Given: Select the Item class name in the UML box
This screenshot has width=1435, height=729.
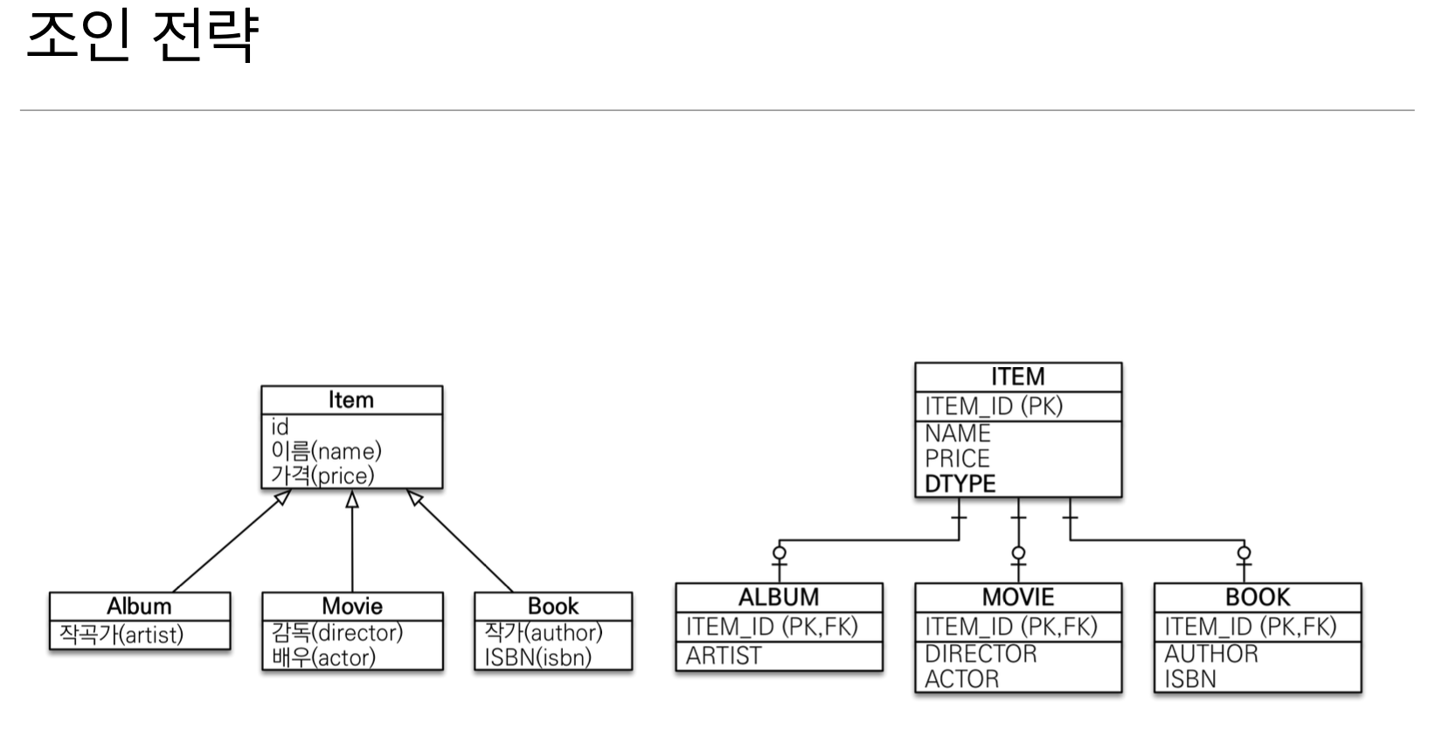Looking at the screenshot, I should click(351, 399).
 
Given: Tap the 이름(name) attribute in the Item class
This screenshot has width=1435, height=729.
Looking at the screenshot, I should click(326, 451).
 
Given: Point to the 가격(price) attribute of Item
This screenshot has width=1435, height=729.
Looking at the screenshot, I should click(322, 476).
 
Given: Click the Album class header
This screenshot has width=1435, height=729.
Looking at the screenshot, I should click(139, 606).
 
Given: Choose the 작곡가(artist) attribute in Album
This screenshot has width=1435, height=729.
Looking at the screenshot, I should click(121, 634).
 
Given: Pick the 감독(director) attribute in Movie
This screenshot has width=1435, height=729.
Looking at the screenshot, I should click(336, 632).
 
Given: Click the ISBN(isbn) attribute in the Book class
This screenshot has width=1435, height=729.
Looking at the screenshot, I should click(537, 656).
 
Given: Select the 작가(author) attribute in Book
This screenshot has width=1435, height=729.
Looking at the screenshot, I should click(544, 632).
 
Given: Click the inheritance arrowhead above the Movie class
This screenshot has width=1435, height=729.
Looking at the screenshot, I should click(352, 499).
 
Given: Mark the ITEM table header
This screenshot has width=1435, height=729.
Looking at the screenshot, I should click(1017, 377).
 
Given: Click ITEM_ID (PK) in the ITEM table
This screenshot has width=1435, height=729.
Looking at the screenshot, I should click(994, 406).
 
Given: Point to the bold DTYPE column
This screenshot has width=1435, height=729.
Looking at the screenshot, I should click(960, 483).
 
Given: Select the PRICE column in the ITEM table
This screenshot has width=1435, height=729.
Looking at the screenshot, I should click(957, 458).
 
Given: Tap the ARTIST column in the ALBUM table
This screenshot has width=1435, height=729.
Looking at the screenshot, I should click(724, 656).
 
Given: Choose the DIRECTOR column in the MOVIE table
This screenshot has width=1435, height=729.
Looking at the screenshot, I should click(981, 653).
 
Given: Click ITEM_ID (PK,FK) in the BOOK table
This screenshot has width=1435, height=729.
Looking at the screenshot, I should click(1250, 627).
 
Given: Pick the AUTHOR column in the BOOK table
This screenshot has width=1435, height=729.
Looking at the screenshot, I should click(1210, 653).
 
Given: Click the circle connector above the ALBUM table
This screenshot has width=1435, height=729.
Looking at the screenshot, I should click(780, 552).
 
